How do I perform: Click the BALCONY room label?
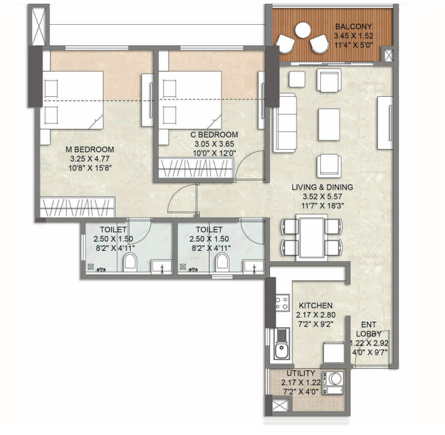point(354,27)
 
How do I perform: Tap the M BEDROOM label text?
point(90,150)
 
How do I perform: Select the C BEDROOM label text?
point(216,134)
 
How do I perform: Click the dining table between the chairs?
point(312,237)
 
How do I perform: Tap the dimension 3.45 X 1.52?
point(354,35)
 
